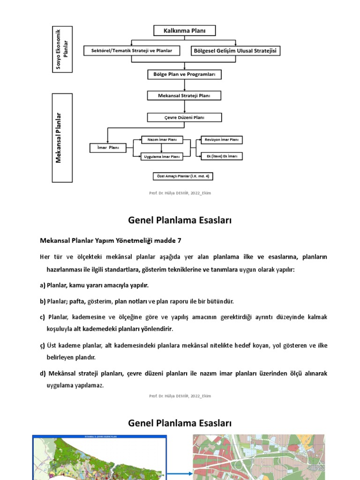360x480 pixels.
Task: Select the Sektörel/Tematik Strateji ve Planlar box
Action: [132, 51]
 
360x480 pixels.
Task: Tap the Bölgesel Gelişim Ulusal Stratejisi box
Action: [236, 51]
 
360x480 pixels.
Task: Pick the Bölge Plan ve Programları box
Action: [184, 74]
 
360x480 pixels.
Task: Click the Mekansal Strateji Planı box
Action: [184, 96]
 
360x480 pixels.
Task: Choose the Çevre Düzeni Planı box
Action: [184, 117]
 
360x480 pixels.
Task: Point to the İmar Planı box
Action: [107, 148]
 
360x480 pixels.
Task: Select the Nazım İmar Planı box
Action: [162, 140]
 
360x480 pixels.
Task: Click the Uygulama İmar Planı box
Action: [162, 157]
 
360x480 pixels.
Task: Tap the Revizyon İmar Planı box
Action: [221, 140]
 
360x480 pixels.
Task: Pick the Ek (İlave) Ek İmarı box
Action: [221, 157]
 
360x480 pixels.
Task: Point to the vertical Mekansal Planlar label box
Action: [62, 137]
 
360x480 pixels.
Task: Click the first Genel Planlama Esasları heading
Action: [180, 220]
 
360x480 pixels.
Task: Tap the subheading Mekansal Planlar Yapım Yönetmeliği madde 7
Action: [110, 240]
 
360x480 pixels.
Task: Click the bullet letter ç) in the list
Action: [42, 346]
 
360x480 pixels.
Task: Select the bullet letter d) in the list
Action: [43, 374]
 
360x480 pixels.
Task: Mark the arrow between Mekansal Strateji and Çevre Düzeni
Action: [184, 106]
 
